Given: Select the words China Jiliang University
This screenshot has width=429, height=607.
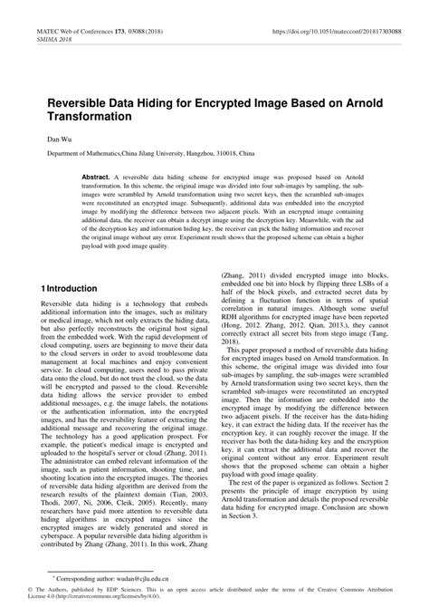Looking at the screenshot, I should point(137,155).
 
